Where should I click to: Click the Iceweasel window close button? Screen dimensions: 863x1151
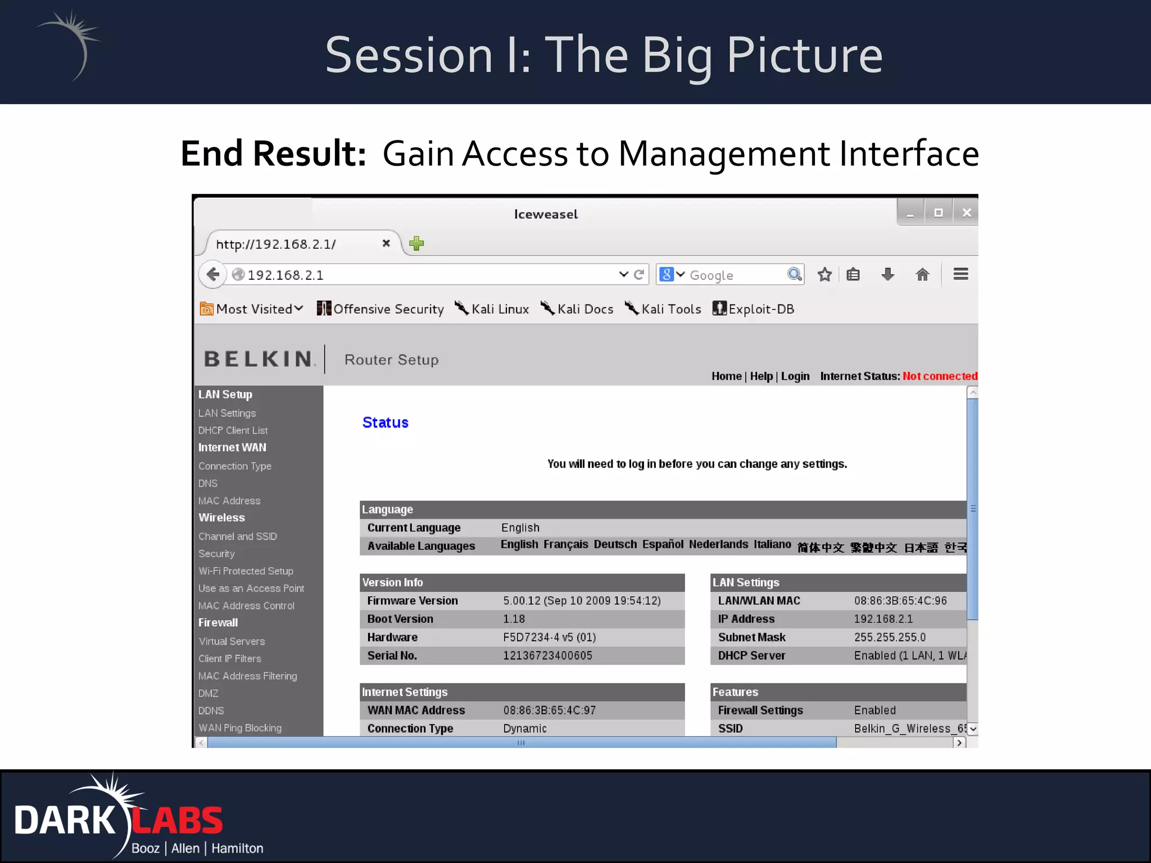(966, 213)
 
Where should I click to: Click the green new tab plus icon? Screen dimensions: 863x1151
(416, 244)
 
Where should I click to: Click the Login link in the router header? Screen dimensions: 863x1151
(795, 376)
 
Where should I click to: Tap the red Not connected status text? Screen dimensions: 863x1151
(940, 376)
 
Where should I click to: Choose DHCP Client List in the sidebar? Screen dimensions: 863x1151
(233, 430)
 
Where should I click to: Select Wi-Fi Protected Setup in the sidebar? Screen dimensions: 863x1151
(246, 571)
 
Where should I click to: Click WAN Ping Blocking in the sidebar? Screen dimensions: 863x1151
(240, 728)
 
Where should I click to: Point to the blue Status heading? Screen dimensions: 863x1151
(385, 423)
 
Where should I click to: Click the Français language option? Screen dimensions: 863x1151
(565, 544)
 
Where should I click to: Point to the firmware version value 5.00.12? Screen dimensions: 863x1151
(582, 601)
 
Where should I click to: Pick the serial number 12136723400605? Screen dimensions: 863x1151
(547, 656)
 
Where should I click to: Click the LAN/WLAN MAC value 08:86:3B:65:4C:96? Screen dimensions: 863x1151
(900, 601)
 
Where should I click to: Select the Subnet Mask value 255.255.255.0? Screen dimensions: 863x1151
(890, 637)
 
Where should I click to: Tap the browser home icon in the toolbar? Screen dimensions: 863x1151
(922, 275)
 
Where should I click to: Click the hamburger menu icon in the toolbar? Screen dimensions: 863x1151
(960, 274)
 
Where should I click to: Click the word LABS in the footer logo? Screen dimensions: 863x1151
(178, 820)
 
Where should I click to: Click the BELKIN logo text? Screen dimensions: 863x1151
(259, 359)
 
